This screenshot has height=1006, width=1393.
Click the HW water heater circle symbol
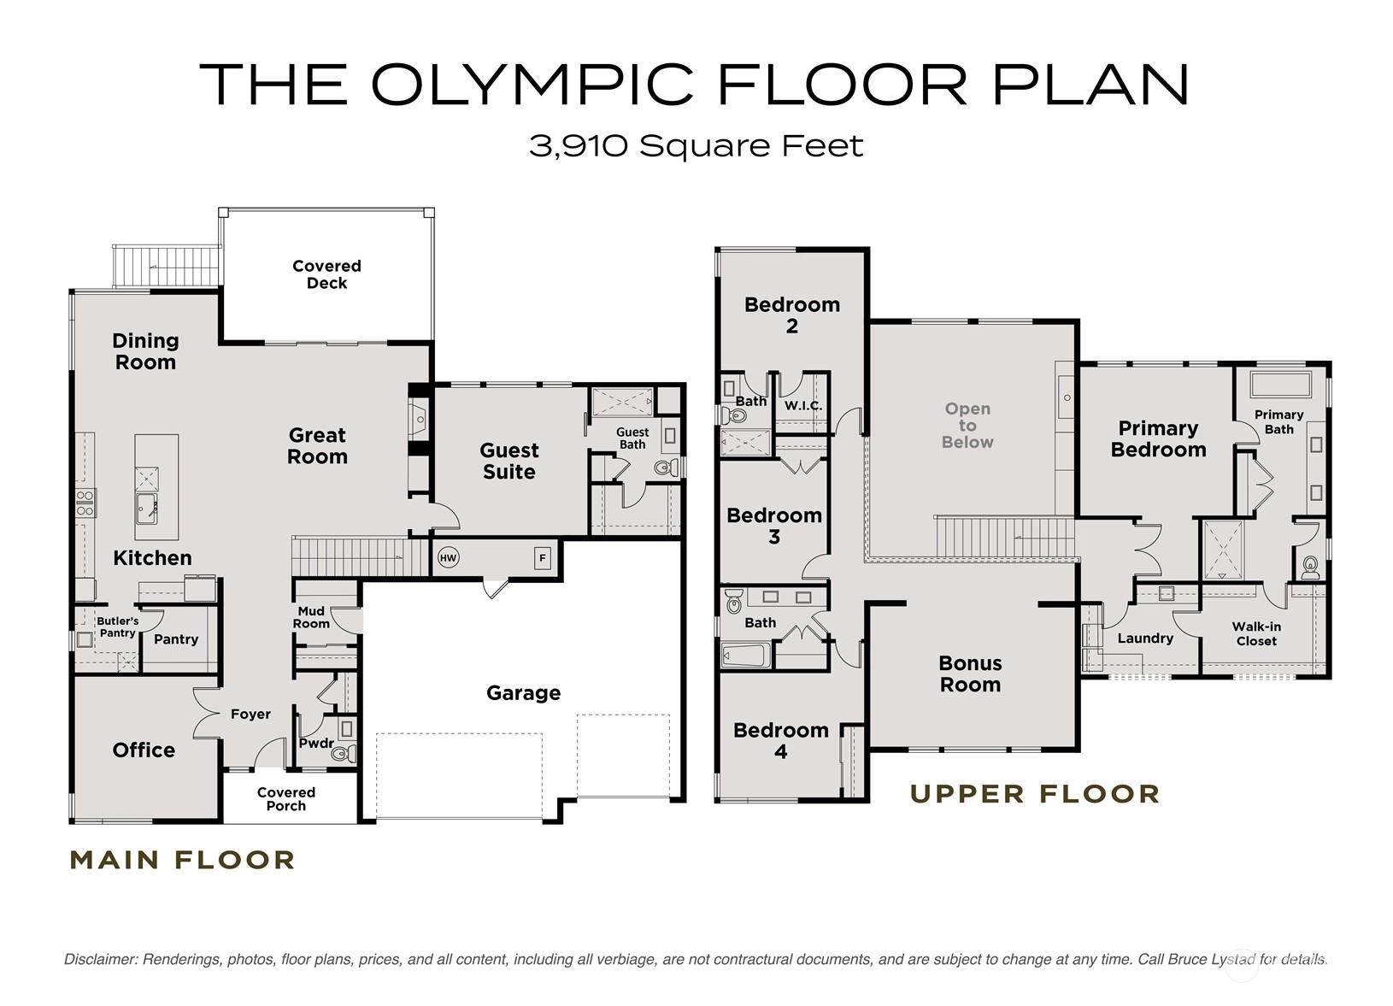point(449,558)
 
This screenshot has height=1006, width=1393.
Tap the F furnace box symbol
point(543,558)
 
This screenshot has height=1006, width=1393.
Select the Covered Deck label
point(326,274)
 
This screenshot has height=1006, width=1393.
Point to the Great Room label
point(317,445)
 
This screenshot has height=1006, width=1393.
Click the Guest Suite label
point(508,461)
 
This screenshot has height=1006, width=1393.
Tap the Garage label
point(524,693)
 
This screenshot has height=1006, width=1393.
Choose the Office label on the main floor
point(144,750)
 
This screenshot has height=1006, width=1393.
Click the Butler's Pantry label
point(118,627)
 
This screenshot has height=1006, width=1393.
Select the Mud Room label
point(311,618)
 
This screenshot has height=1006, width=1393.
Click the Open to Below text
point(967,426)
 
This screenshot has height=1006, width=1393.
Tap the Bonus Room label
point(970,674)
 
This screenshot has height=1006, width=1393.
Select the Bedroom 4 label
point(781,741)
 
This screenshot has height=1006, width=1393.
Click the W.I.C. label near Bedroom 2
point(803,406)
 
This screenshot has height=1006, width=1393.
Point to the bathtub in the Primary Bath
point(1280,384)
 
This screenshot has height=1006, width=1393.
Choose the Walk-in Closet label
point(1256,634)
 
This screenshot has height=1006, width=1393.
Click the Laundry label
point(1145,638)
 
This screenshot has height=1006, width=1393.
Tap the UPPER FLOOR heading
point(1036,794)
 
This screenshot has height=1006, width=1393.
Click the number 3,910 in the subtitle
point(578,147)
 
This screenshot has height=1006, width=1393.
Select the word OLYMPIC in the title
point(532,84)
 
